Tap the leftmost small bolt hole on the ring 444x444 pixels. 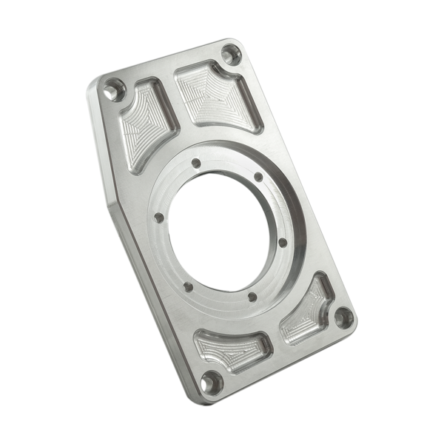pos(158,218)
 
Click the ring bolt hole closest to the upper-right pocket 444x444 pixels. pos(255,177)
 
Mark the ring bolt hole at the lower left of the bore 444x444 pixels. pos(188,282)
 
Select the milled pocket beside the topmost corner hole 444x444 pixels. pos(212,93)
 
